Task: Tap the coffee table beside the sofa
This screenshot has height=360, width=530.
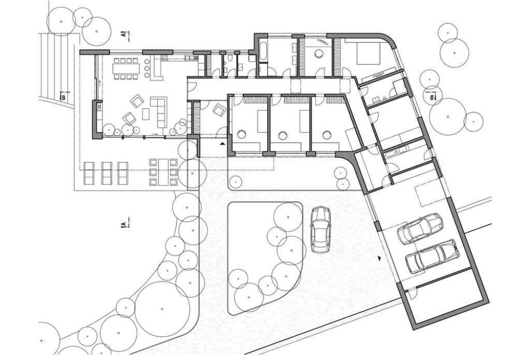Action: (x=146, y=113)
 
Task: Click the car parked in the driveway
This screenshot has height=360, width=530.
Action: (x=320, y=229)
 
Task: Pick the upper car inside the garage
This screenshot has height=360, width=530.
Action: (x=420, y=228)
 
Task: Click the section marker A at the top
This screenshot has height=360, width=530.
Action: (x=125, y=35)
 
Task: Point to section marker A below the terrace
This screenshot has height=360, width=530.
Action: (x=124, y=224)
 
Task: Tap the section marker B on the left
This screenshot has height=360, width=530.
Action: (x=63, y=96)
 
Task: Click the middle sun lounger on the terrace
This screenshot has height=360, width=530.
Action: (x=107, y=173)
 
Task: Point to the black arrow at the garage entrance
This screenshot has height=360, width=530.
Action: (x=380, y=257)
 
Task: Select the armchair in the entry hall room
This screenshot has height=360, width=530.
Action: (x=218, y=109)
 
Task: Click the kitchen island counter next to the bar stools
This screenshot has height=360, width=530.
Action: (x=157, y=70)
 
